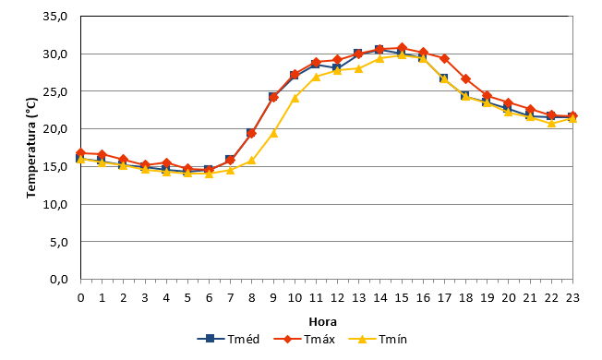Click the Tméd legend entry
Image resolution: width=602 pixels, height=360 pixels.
click(228, 340)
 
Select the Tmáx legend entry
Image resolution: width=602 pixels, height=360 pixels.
click(304, 340)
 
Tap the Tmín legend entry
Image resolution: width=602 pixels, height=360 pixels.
click(378, 340)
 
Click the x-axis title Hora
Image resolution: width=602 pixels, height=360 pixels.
click(322, 321)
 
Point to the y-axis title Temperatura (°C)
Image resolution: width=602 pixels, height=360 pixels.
click(31, 148)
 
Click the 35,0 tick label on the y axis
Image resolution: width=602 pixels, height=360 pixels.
click(55, 17)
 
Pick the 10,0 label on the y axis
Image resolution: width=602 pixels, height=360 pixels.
click(55, 204)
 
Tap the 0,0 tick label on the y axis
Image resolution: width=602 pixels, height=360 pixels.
click(59, 280)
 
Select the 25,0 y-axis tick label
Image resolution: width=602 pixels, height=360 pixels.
click(55, 91)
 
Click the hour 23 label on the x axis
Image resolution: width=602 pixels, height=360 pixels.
click(572, 298)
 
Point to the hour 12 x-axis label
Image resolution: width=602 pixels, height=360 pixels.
click(337, 298)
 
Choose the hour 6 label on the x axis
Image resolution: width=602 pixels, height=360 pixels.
click(209, 298)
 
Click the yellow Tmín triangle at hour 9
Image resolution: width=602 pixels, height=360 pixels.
click(273, 133)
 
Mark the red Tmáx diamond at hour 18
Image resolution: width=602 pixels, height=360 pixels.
click(465, 79)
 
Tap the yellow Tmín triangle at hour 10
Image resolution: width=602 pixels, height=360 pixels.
click(295, 98)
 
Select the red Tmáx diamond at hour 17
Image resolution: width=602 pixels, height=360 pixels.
click(444, 59)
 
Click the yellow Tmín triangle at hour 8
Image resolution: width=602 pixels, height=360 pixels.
click(252, 161)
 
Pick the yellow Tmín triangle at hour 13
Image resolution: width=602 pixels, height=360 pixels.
click(359, 68)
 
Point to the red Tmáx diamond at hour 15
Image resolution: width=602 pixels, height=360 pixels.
click(402, 48)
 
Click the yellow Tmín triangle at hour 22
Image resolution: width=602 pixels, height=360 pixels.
click(551, 123)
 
